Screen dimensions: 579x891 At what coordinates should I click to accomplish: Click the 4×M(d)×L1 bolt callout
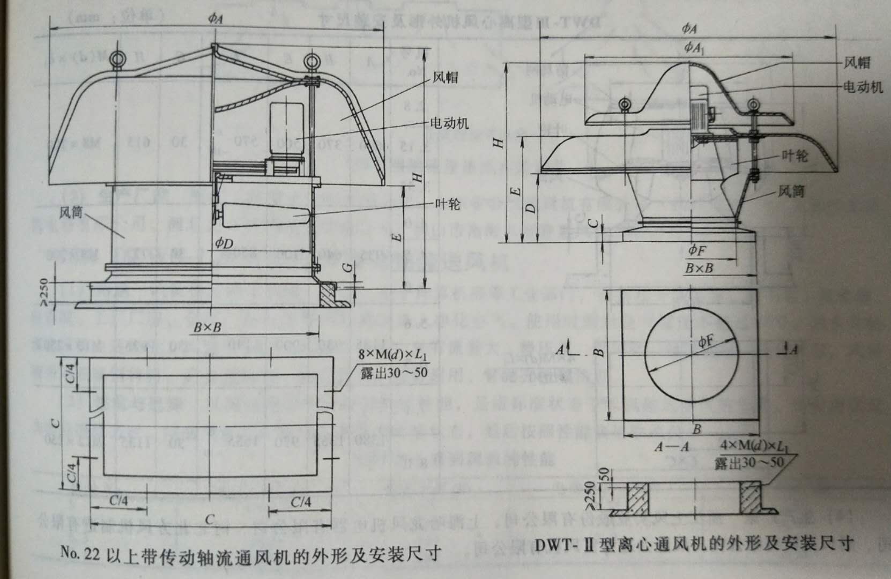(x=755, y=447)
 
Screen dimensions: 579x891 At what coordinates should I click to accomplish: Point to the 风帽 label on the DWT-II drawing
(x=857, y=63)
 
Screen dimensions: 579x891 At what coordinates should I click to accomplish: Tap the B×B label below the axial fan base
(x=207, y=327)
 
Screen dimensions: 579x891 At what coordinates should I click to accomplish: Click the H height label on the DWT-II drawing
(x=498, y=143)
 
